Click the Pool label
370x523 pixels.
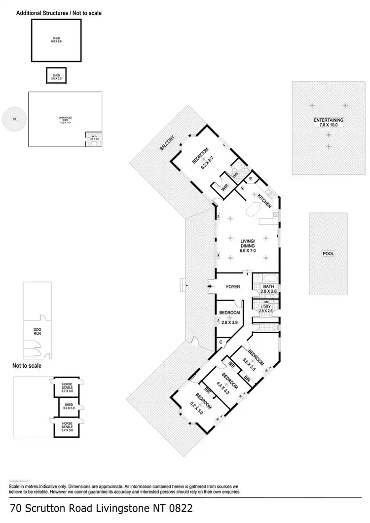(x=328, y=254)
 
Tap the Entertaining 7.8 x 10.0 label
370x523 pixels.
(x=329, y=122)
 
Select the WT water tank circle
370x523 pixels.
(x=14, y=119)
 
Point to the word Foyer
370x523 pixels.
(x=232, y=286)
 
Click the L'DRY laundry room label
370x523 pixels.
(x=266, y=309)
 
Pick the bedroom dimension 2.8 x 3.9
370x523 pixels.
(x=229, y=322)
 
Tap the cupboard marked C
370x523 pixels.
(x=221, y=342)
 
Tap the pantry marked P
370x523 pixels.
(x=250, y=178)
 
